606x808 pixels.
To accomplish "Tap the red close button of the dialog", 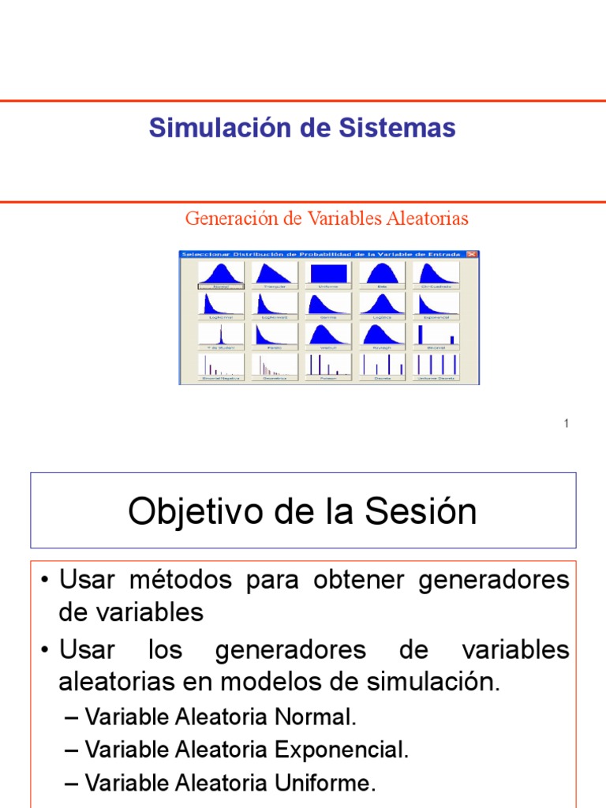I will point(472,254).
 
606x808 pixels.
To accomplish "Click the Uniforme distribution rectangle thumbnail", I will point(329,274).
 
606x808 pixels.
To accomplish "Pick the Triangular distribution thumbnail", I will point(275,274).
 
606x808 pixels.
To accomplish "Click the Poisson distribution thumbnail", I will point(329,365).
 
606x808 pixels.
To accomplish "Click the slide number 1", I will point(567,425).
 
